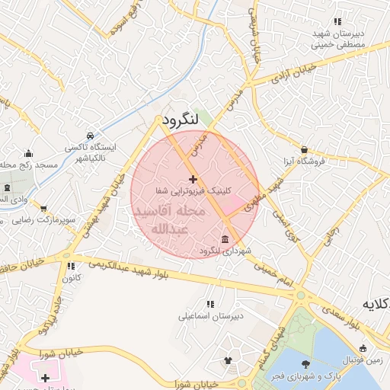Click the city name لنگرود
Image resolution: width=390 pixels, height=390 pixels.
[181, 120]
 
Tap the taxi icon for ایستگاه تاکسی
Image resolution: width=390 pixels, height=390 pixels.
[91, 133]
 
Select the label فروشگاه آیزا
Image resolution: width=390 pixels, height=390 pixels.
[305, 161]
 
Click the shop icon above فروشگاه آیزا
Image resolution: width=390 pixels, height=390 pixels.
[305, 150]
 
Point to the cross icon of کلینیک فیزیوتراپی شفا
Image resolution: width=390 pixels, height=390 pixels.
[192, 178]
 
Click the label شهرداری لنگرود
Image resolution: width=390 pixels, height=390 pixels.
[225, 251]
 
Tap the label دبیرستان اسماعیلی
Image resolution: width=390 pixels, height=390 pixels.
[208, 315]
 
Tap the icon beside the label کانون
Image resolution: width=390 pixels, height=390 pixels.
[72, 267]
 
